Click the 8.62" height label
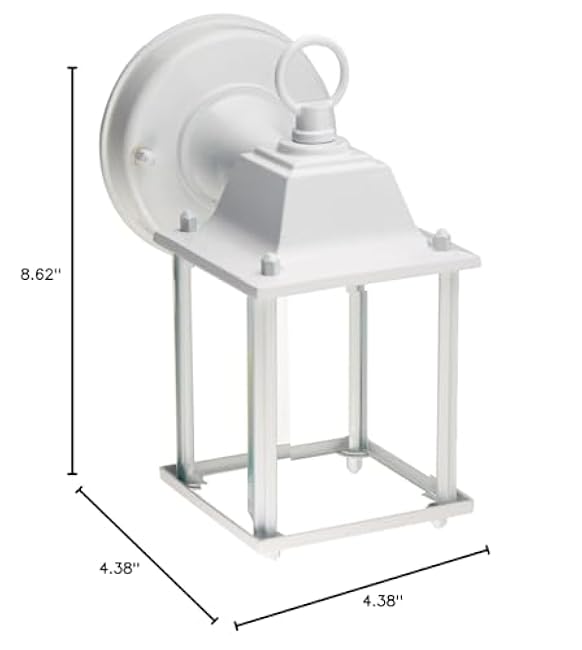(41, 274)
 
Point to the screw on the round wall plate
(144, 155)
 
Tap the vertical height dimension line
(72, 270)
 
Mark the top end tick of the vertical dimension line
(72, 67)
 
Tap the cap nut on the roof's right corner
(440, 238)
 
